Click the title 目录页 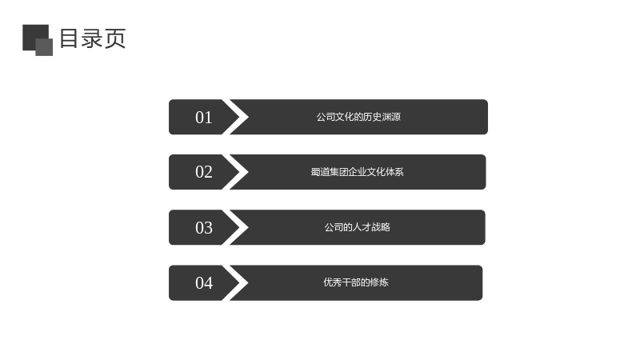[x=93, y=38]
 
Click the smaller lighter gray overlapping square [x=44, y=47]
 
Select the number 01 [x=204, y=118]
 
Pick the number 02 [x=204, y=172]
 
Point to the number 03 [x=204, y=228]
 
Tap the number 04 [x=204, y=283]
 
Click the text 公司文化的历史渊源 [x=358, y=117]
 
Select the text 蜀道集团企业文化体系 [x=357, y=172]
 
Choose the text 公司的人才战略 [x=357, y=227]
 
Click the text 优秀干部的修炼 [x=356, y=282]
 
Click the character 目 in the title [x=70, y=38]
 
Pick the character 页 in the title [x=115, y=38]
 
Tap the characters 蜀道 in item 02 [x=321, y=172]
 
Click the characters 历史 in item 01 [x=372, y=117]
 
